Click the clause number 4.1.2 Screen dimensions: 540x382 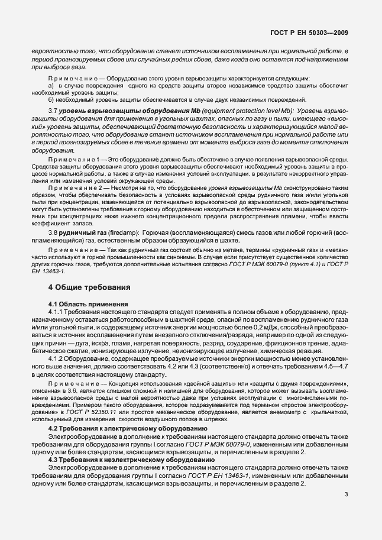click(x=57, y=358)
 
